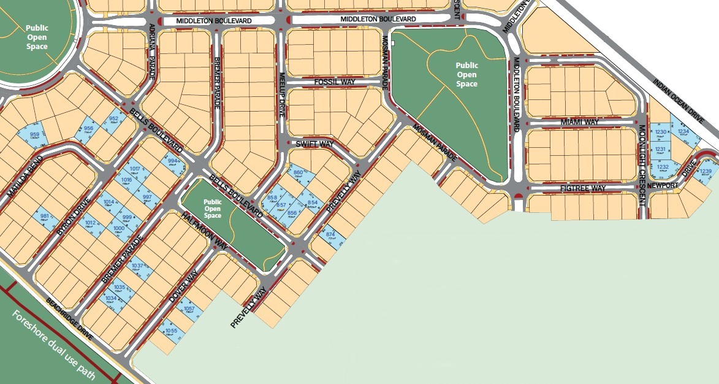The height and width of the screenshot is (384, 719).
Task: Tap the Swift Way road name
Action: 314,144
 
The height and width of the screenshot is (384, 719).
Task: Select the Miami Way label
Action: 579,123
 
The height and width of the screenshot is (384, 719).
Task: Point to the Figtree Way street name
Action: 582,188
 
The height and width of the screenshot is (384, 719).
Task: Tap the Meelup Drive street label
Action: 283,98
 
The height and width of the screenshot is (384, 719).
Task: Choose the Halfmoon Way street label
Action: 204,231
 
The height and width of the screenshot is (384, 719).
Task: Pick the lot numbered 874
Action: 330,235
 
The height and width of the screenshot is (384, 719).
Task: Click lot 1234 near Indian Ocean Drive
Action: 683,132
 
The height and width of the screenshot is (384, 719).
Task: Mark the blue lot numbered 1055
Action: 171,331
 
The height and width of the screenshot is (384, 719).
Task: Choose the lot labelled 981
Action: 44,217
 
